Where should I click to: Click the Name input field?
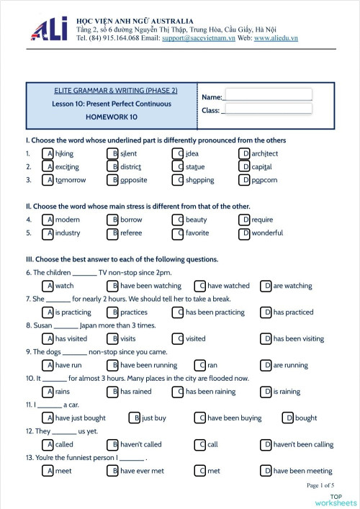268,94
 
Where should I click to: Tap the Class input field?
268,109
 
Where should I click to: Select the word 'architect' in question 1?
265,153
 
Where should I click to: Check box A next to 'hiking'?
48,153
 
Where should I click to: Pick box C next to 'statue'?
178,167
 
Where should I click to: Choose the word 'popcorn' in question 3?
264,180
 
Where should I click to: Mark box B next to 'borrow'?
112,220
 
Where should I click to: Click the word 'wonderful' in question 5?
267,233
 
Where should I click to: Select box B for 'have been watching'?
112,286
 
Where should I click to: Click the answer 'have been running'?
148,365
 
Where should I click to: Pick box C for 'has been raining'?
178,392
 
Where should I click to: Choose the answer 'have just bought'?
80,418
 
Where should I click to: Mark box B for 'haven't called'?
112,444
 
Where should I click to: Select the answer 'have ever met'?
142,471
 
